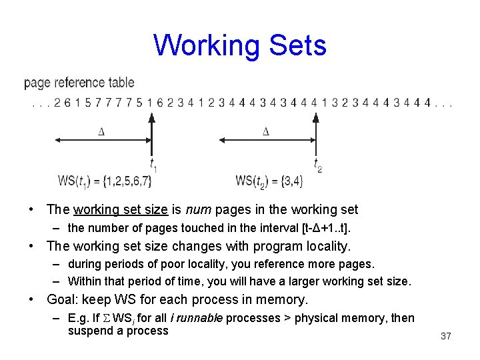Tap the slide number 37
445,336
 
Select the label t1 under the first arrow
153,164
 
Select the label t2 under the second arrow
317,164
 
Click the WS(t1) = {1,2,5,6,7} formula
105,180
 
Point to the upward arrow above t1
151,133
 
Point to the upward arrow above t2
315,133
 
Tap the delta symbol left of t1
101,131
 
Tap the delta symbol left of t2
265,131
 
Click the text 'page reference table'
79,83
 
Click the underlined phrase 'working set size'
121,210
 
